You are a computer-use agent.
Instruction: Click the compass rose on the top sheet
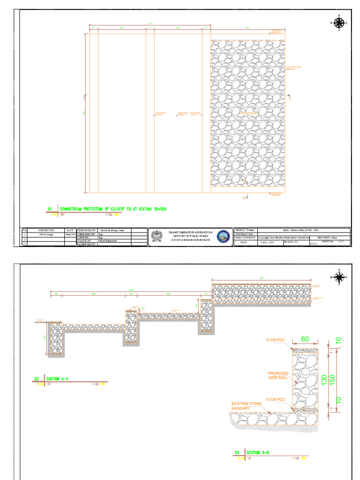(339, 22)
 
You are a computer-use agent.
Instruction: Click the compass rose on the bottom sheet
(339, 277)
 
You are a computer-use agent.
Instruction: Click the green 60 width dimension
(305, 339)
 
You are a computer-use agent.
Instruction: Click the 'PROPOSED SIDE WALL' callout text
(278, 375)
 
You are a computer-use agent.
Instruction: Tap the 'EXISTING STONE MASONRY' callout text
(246, 405)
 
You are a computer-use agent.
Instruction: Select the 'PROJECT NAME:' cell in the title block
(245, 231)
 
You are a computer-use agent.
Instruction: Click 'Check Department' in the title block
(108, 241)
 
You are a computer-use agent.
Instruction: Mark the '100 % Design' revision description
(47, 234)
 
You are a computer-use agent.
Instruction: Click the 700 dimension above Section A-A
(261, 278)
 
